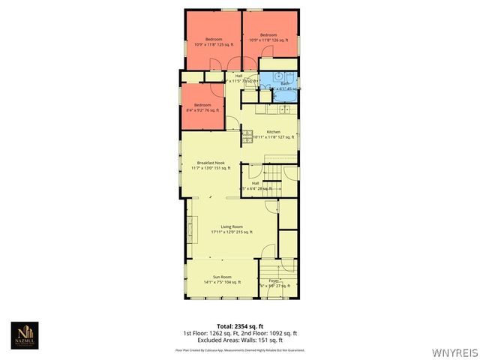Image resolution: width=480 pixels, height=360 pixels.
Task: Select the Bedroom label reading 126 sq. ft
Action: click(269, 37)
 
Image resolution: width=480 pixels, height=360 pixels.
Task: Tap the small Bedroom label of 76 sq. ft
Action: click(202, 107)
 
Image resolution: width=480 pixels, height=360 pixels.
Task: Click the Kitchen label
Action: click(274, 134)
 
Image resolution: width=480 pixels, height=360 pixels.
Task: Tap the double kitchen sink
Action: click(283, 109)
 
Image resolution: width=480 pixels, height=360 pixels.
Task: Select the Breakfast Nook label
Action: click(211, 165)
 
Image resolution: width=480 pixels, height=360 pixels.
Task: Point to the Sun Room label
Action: click(221, 279)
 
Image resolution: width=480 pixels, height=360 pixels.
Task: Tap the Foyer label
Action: click(274, 283)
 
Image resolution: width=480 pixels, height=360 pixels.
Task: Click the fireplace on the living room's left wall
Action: click(190, 227)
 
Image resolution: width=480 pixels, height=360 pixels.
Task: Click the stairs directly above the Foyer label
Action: click(269, 268)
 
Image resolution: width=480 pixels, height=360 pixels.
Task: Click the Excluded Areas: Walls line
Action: click(240, 340)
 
